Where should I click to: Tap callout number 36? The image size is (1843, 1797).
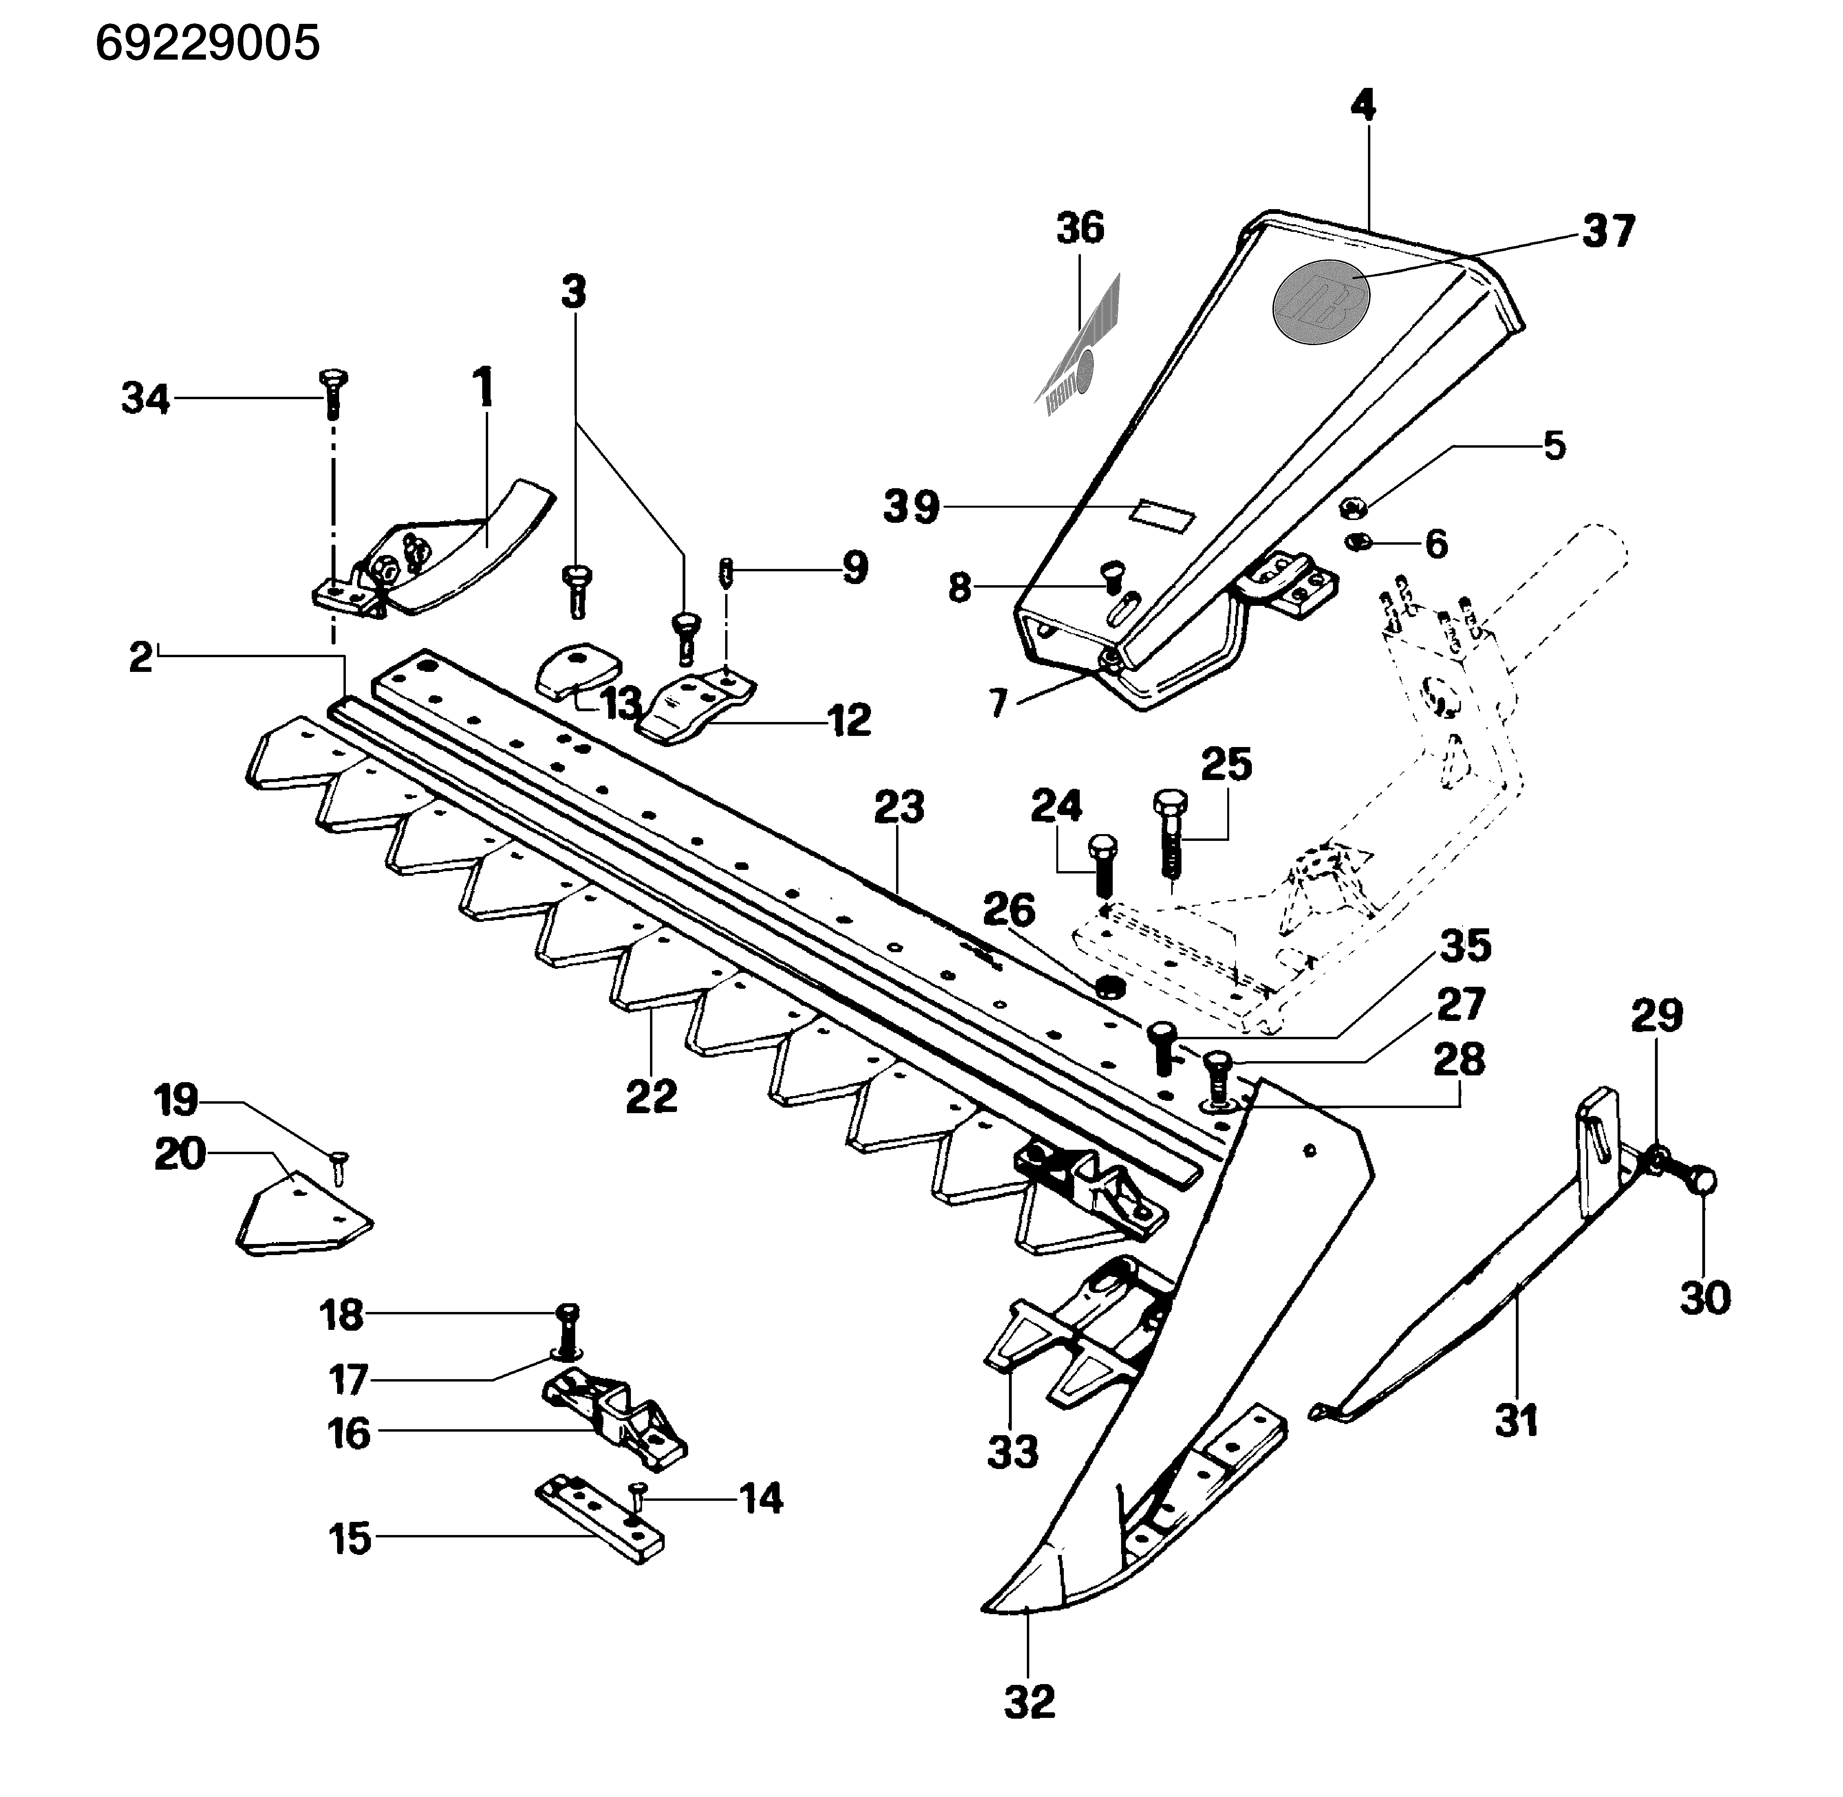[x=1080, y=228]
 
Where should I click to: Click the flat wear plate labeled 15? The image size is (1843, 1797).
[x=600, y=1518]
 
